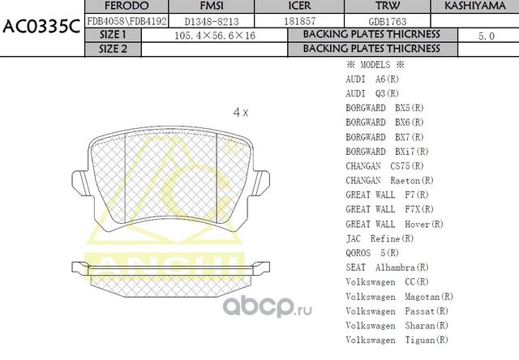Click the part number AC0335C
click(41, 26)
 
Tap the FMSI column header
click(211, 6)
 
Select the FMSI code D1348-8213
click(211, 20)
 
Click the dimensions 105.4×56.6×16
click(210, 36)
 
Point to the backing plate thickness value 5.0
click(486, 36)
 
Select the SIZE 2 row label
click(113, 49)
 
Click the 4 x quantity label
click(240, 113)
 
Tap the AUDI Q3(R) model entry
click(372, 93)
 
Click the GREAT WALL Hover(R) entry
click(394, 224)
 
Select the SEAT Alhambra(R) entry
click(387, 267)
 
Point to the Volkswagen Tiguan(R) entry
click(397, 339)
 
